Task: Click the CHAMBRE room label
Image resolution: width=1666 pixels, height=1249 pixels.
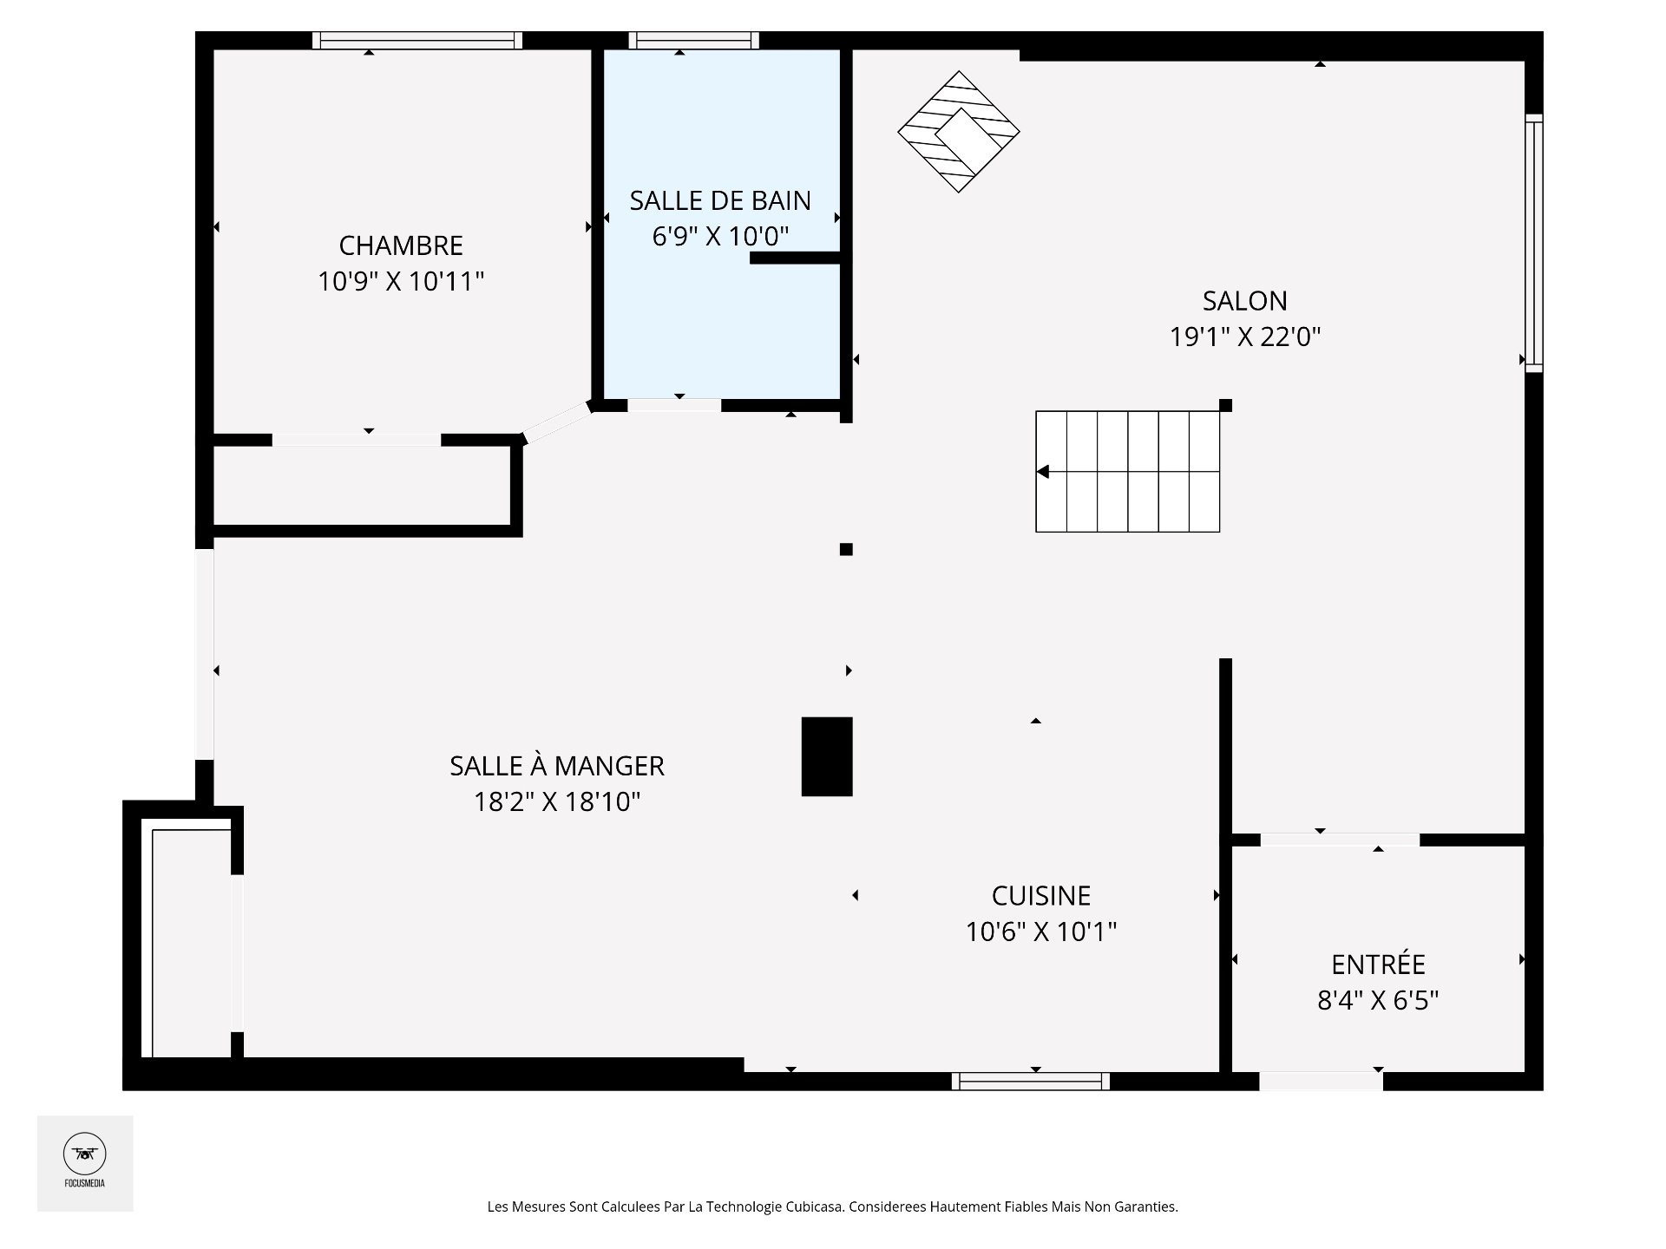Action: point(401,245)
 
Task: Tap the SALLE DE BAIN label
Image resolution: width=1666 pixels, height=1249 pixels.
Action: point(720,200)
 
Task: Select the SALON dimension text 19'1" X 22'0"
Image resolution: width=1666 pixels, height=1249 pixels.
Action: point(1245,337)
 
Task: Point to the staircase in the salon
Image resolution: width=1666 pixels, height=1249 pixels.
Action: point(1128,471)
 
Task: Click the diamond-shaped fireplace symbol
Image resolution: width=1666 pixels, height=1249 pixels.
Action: point(958,132)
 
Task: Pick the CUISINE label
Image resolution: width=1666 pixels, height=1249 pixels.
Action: point(1041,895)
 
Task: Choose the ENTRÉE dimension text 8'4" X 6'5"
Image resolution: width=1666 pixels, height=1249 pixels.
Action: point(1378,1001)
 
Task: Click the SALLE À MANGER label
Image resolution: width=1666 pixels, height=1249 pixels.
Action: point(557,766)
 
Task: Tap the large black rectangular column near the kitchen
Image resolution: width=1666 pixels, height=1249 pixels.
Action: point(827,756)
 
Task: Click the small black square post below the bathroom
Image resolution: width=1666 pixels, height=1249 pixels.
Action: point(846,549)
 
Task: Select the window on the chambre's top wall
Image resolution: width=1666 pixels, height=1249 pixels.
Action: point(417,41)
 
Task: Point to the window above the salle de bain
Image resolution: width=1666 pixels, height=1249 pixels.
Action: point(694,41)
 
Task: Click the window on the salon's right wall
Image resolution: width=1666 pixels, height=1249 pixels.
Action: point(1534,243)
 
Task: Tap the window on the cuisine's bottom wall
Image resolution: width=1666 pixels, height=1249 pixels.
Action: point(1031,1082)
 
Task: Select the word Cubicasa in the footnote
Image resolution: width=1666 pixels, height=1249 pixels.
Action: point(814,1206)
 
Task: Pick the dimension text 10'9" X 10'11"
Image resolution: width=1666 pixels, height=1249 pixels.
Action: point(401,282)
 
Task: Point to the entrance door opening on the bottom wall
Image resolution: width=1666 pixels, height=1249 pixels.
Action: point(1321,1082)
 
